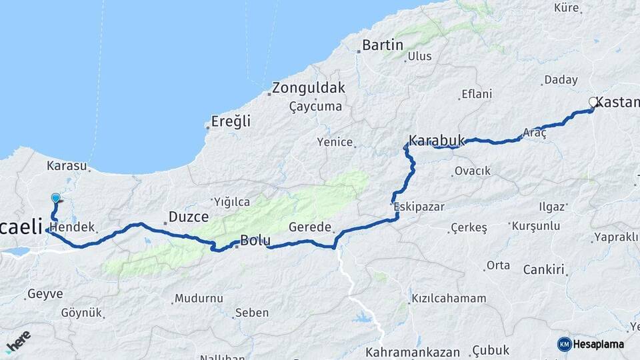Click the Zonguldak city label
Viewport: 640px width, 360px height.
[308, 87]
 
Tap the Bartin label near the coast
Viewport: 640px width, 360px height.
[383, 45]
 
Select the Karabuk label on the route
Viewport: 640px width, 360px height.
[436, 140]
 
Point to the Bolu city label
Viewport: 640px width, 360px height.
[255, 241]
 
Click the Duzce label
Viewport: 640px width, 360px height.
[189, 217]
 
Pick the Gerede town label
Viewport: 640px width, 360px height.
[310, 227]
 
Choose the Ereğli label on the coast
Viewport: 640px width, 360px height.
[231, 121]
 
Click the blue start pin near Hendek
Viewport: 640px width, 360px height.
[55, 198]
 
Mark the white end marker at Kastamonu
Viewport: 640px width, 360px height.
[593, 102]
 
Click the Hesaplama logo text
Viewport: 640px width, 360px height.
[597, 344]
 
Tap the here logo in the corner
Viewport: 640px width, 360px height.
[18, 342]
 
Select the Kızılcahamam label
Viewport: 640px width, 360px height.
[449, 298]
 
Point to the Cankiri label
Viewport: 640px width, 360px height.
[544, 270]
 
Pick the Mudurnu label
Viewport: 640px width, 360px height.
[198, 298]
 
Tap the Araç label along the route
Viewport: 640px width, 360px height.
[535, 133]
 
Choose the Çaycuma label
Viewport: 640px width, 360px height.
[316, 106]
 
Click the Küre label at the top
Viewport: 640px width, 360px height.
[567, 8]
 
